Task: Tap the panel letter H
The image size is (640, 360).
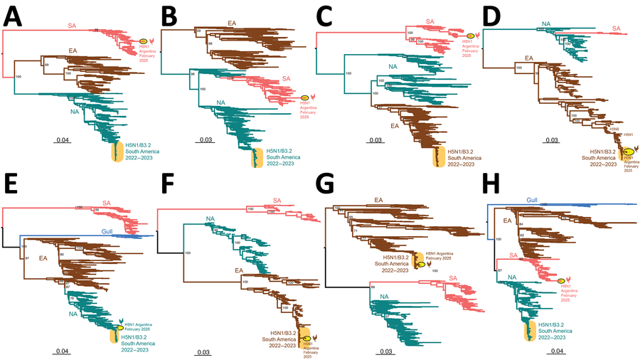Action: (492, 195)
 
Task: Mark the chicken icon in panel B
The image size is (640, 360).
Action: (316, 98)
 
